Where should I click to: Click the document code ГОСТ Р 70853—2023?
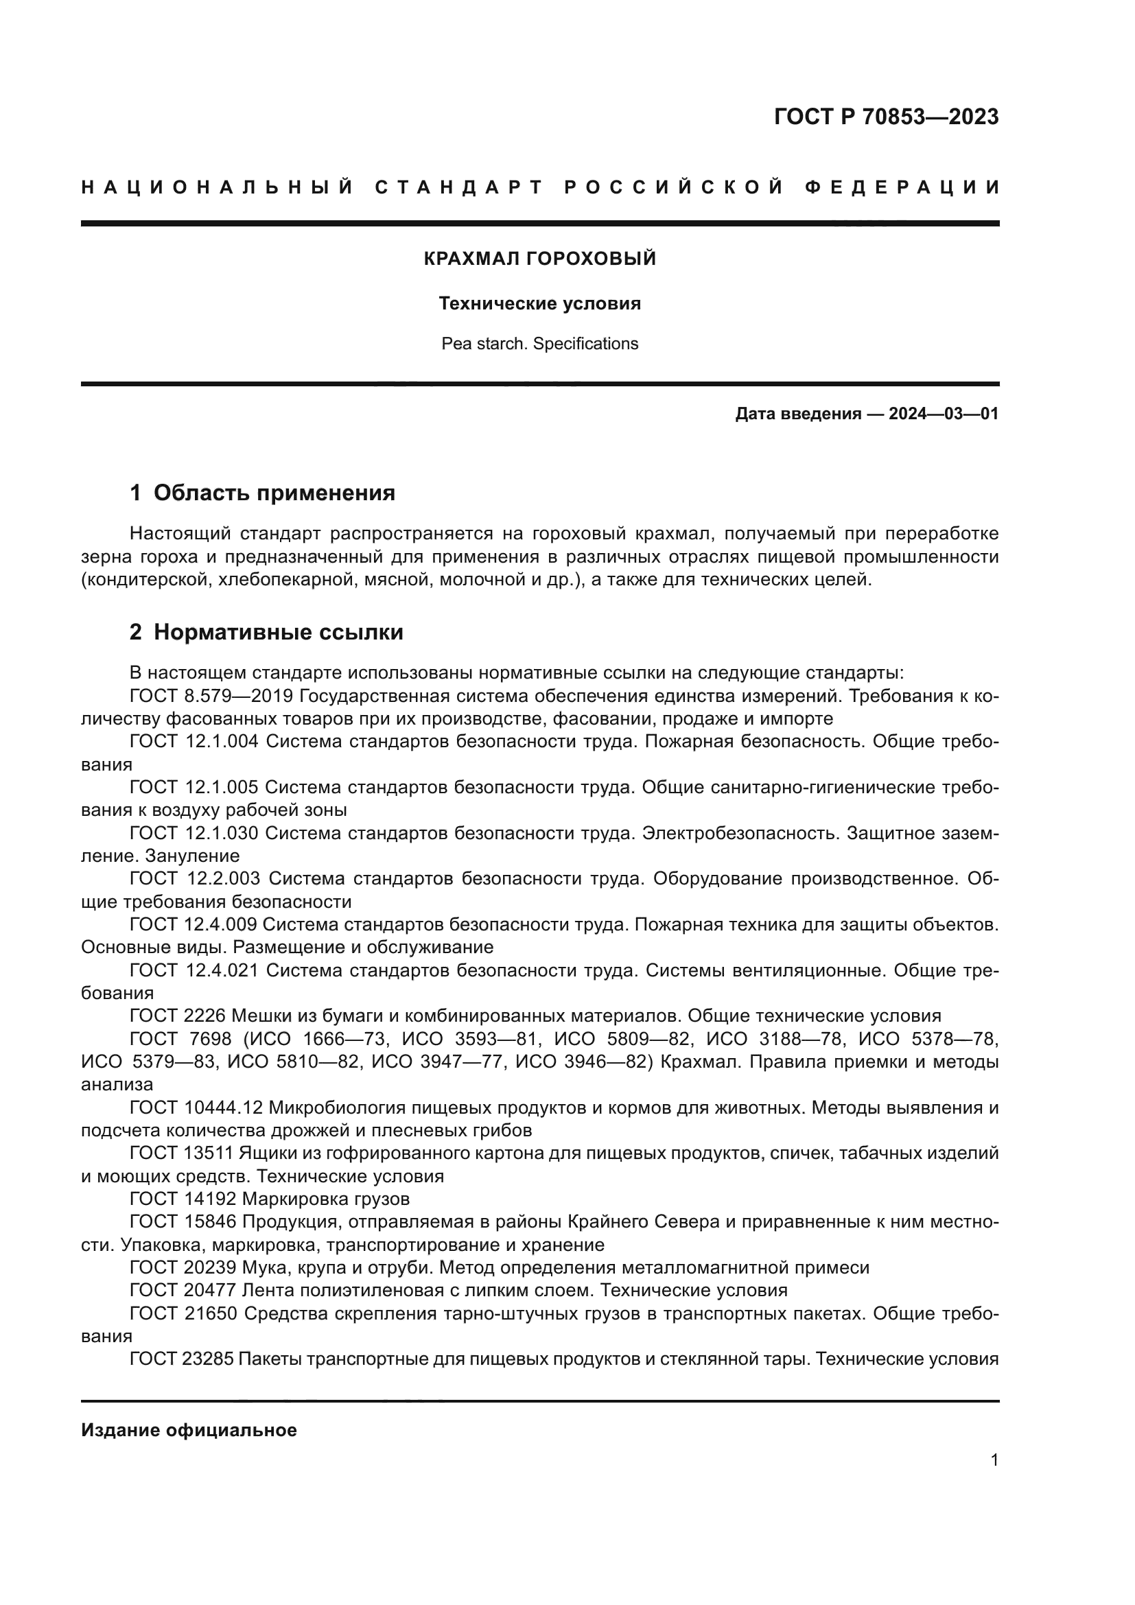pos(886,117)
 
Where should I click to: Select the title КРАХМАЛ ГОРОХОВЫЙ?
pos(539,259)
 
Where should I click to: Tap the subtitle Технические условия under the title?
pos(539,303)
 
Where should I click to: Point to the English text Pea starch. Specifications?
pos(539,344)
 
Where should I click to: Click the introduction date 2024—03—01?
pos(943,414)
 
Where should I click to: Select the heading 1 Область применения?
pos(263,493)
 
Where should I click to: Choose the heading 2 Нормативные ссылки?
pos(266,632)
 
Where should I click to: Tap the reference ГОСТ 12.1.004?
pos(194,742)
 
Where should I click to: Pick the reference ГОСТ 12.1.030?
pos(194,833)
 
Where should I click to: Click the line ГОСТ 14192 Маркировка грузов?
pos(270,1199)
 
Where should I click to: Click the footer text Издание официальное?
pos(189,1430)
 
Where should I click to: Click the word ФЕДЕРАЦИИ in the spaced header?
pos(902,187)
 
